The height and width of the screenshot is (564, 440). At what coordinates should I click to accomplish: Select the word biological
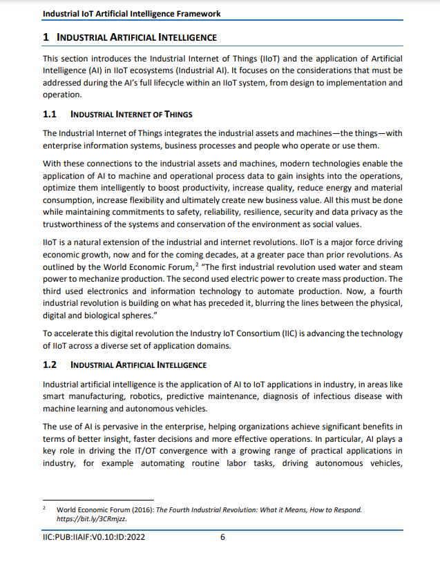108,315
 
